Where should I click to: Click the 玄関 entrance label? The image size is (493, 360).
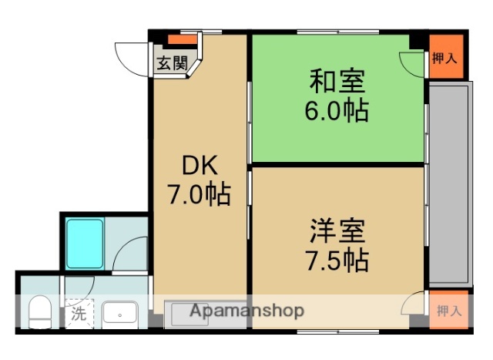point(171,64)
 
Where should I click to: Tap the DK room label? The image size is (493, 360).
point(200,165)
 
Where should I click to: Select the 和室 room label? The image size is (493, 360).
point(337,80)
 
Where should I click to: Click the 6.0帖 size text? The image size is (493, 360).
point(337,111)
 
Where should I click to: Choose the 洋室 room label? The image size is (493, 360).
point(337,230)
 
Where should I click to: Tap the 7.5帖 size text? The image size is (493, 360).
point(337,260)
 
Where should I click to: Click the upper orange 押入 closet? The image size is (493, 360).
point(447,57)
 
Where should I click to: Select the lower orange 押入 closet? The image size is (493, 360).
point(447,311)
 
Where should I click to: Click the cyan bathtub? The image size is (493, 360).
point(85,243)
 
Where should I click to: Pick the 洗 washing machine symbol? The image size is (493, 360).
point(79,314)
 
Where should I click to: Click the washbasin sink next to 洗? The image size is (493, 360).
point(120,314)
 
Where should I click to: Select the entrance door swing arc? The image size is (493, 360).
point(129,56)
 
